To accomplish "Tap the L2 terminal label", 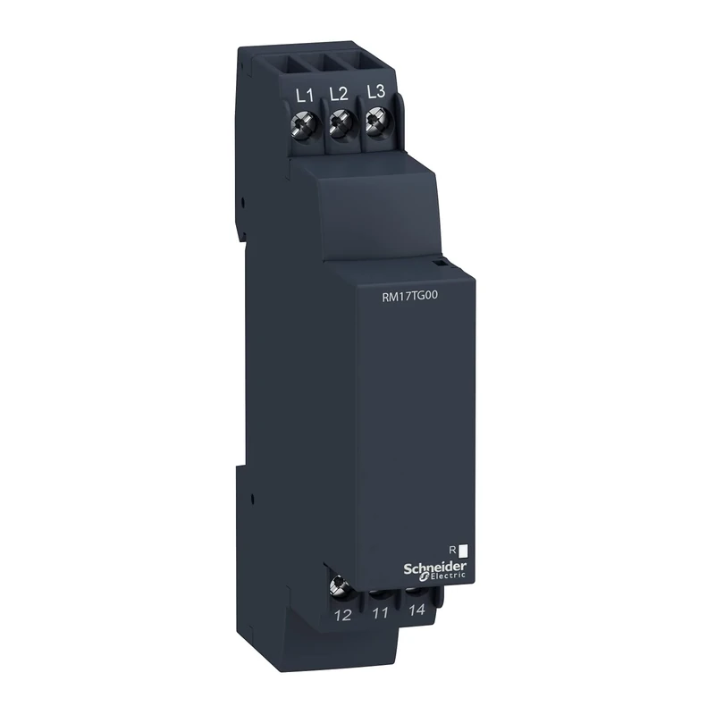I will coord(338,93).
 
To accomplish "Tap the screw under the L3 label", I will coord(374,125).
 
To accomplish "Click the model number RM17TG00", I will coord(411,302).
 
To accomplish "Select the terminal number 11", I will coord(379,613).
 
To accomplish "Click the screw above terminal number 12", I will coord(340,586).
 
